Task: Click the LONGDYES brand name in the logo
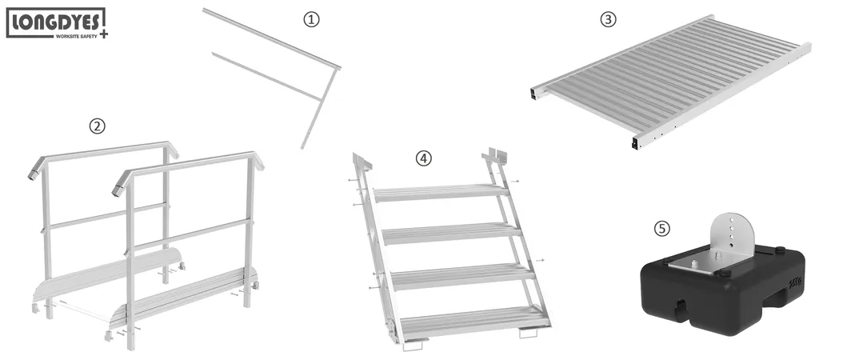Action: click(54, 21)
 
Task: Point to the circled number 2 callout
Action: click(97, 126)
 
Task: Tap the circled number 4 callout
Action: click(423, 158)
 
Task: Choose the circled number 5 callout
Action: click(661, 229)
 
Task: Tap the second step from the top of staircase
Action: click(451, 233)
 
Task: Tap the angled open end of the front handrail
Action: click(118, 187)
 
